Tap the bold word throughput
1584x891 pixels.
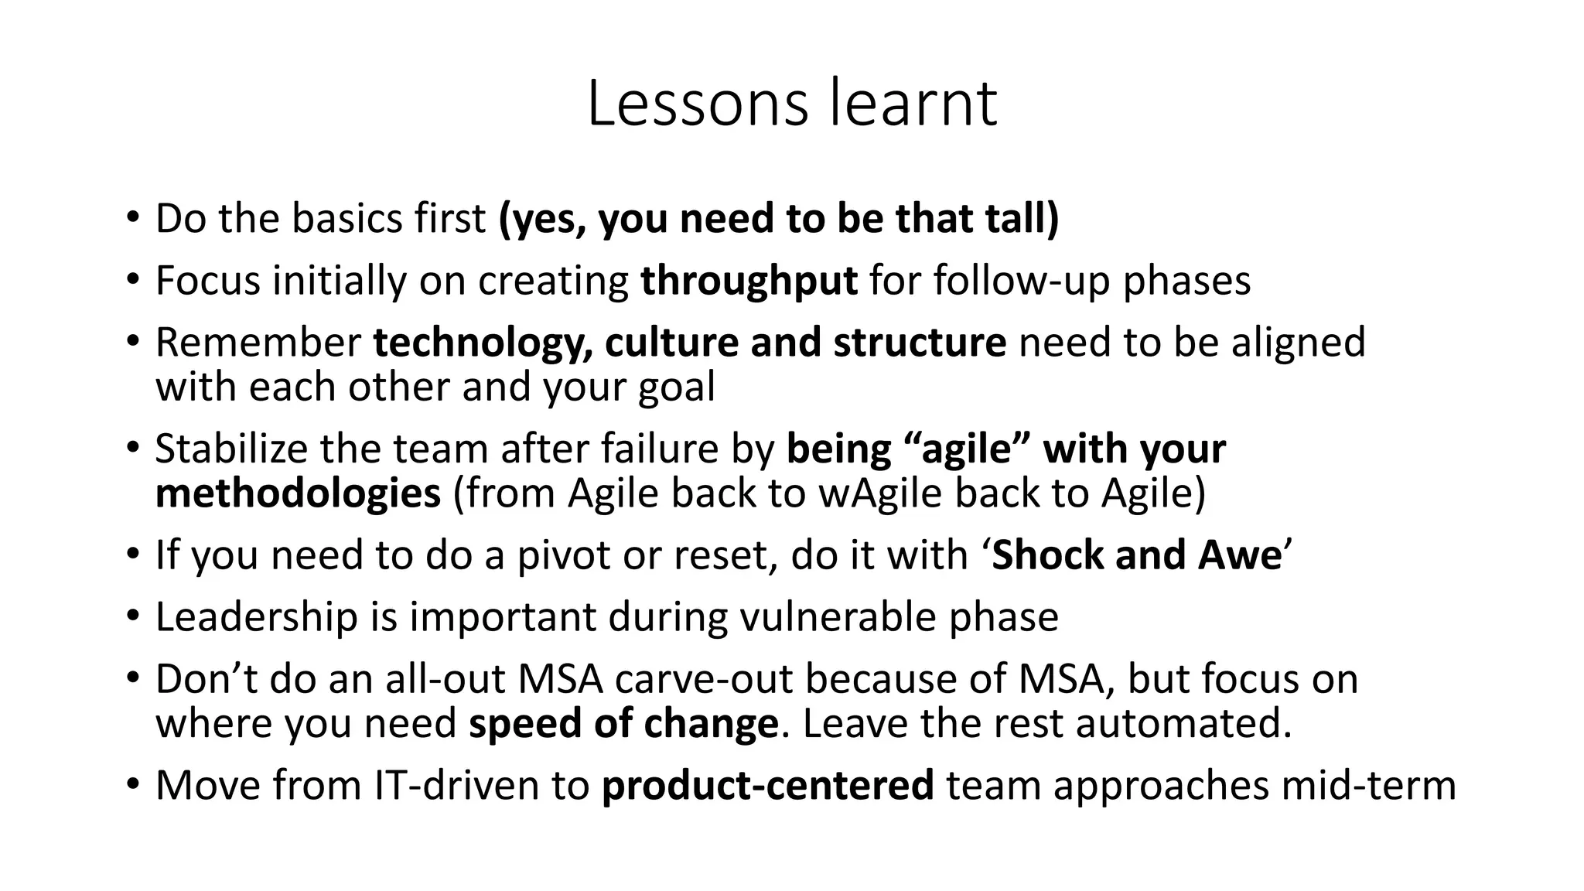[x=749, y=281]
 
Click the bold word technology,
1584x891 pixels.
[x=483, y=343]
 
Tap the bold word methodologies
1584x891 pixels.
[x=298, y=493]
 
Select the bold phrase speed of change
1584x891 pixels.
[x=623, y=724]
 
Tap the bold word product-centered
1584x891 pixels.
[x=767, y=786]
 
